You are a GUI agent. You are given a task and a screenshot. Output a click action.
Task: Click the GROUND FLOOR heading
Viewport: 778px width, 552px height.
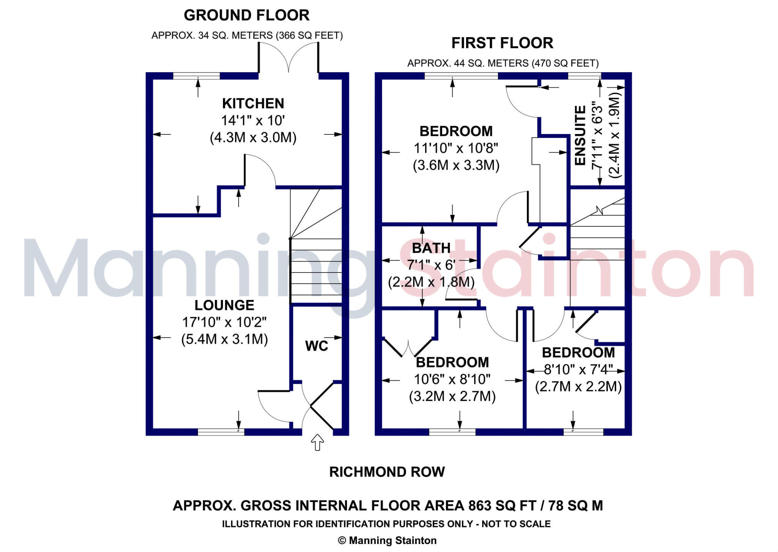point(247,16)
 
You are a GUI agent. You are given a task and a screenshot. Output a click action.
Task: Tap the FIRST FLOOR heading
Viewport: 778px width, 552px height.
point(502,43)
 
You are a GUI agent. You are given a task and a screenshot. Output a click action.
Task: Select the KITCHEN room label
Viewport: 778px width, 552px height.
point(253,104)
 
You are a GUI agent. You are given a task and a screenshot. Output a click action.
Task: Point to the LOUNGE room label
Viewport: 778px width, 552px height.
point(224,306)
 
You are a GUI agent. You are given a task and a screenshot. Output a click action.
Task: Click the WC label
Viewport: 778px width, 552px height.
point(316,346)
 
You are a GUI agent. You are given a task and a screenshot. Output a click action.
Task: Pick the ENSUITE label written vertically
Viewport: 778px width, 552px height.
point(580,136)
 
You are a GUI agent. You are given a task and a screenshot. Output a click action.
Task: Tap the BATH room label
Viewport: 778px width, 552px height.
point(431,248)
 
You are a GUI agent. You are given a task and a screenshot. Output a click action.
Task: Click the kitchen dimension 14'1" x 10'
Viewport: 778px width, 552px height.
point(253,121)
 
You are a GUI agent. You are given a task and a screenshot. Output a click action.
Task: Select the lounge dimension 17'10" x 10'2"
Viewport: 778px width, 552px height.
point(224,322)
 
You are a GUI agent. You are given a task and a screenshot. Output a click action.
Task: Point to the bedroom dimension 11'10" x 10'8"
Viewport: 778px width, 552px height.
point(456,148)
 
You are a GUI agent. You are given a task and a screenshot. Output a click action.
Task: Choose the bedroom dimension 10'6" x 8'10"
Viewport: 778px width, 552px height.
point(452,379)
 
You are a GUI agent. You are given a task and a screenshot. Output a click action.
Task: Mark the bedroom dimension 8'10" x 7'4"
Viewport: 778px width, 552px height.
point(578,369)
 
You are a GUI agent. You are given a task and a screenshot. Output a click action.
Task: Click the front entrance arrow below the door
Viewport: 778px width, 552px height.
point(317,443)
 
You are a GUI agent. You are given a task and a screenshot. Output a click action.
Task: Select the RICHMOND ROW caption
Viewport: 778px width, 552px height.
point(387,472)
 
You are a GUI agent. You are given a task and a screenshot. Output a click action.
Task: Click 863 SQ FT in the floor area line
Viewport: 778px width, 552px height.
point(502,506)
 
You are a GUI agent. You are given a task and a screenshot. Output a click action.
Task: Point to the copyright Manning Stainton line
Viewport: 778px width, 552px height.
point(387,541)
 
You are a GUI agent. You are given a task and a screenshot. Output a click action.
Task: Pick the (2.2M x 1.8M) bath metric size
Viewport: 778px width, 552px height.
point(431,282)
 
